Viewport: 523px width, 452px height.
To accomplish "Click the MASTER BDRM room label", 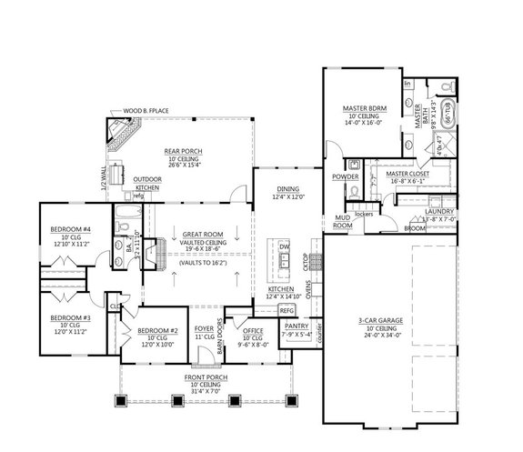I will (360, 106).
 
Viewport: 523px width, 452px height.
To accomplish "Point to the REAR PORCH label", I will (183, 151).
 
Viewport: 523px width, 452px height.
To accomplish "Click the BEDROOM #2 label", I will (156, 331).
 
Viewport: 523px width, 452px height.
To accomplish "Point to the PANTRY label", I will (297, 325).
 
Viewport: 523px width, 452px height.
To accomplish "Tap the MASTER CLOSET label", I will (408, 173).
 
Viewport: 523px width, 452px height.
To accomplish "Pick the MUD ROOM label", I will (342, 222).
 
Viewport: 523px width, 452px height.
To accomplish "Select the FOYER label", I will (203, 330).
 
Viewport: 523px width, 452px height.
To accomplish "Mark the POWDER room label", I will (345, 176).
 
